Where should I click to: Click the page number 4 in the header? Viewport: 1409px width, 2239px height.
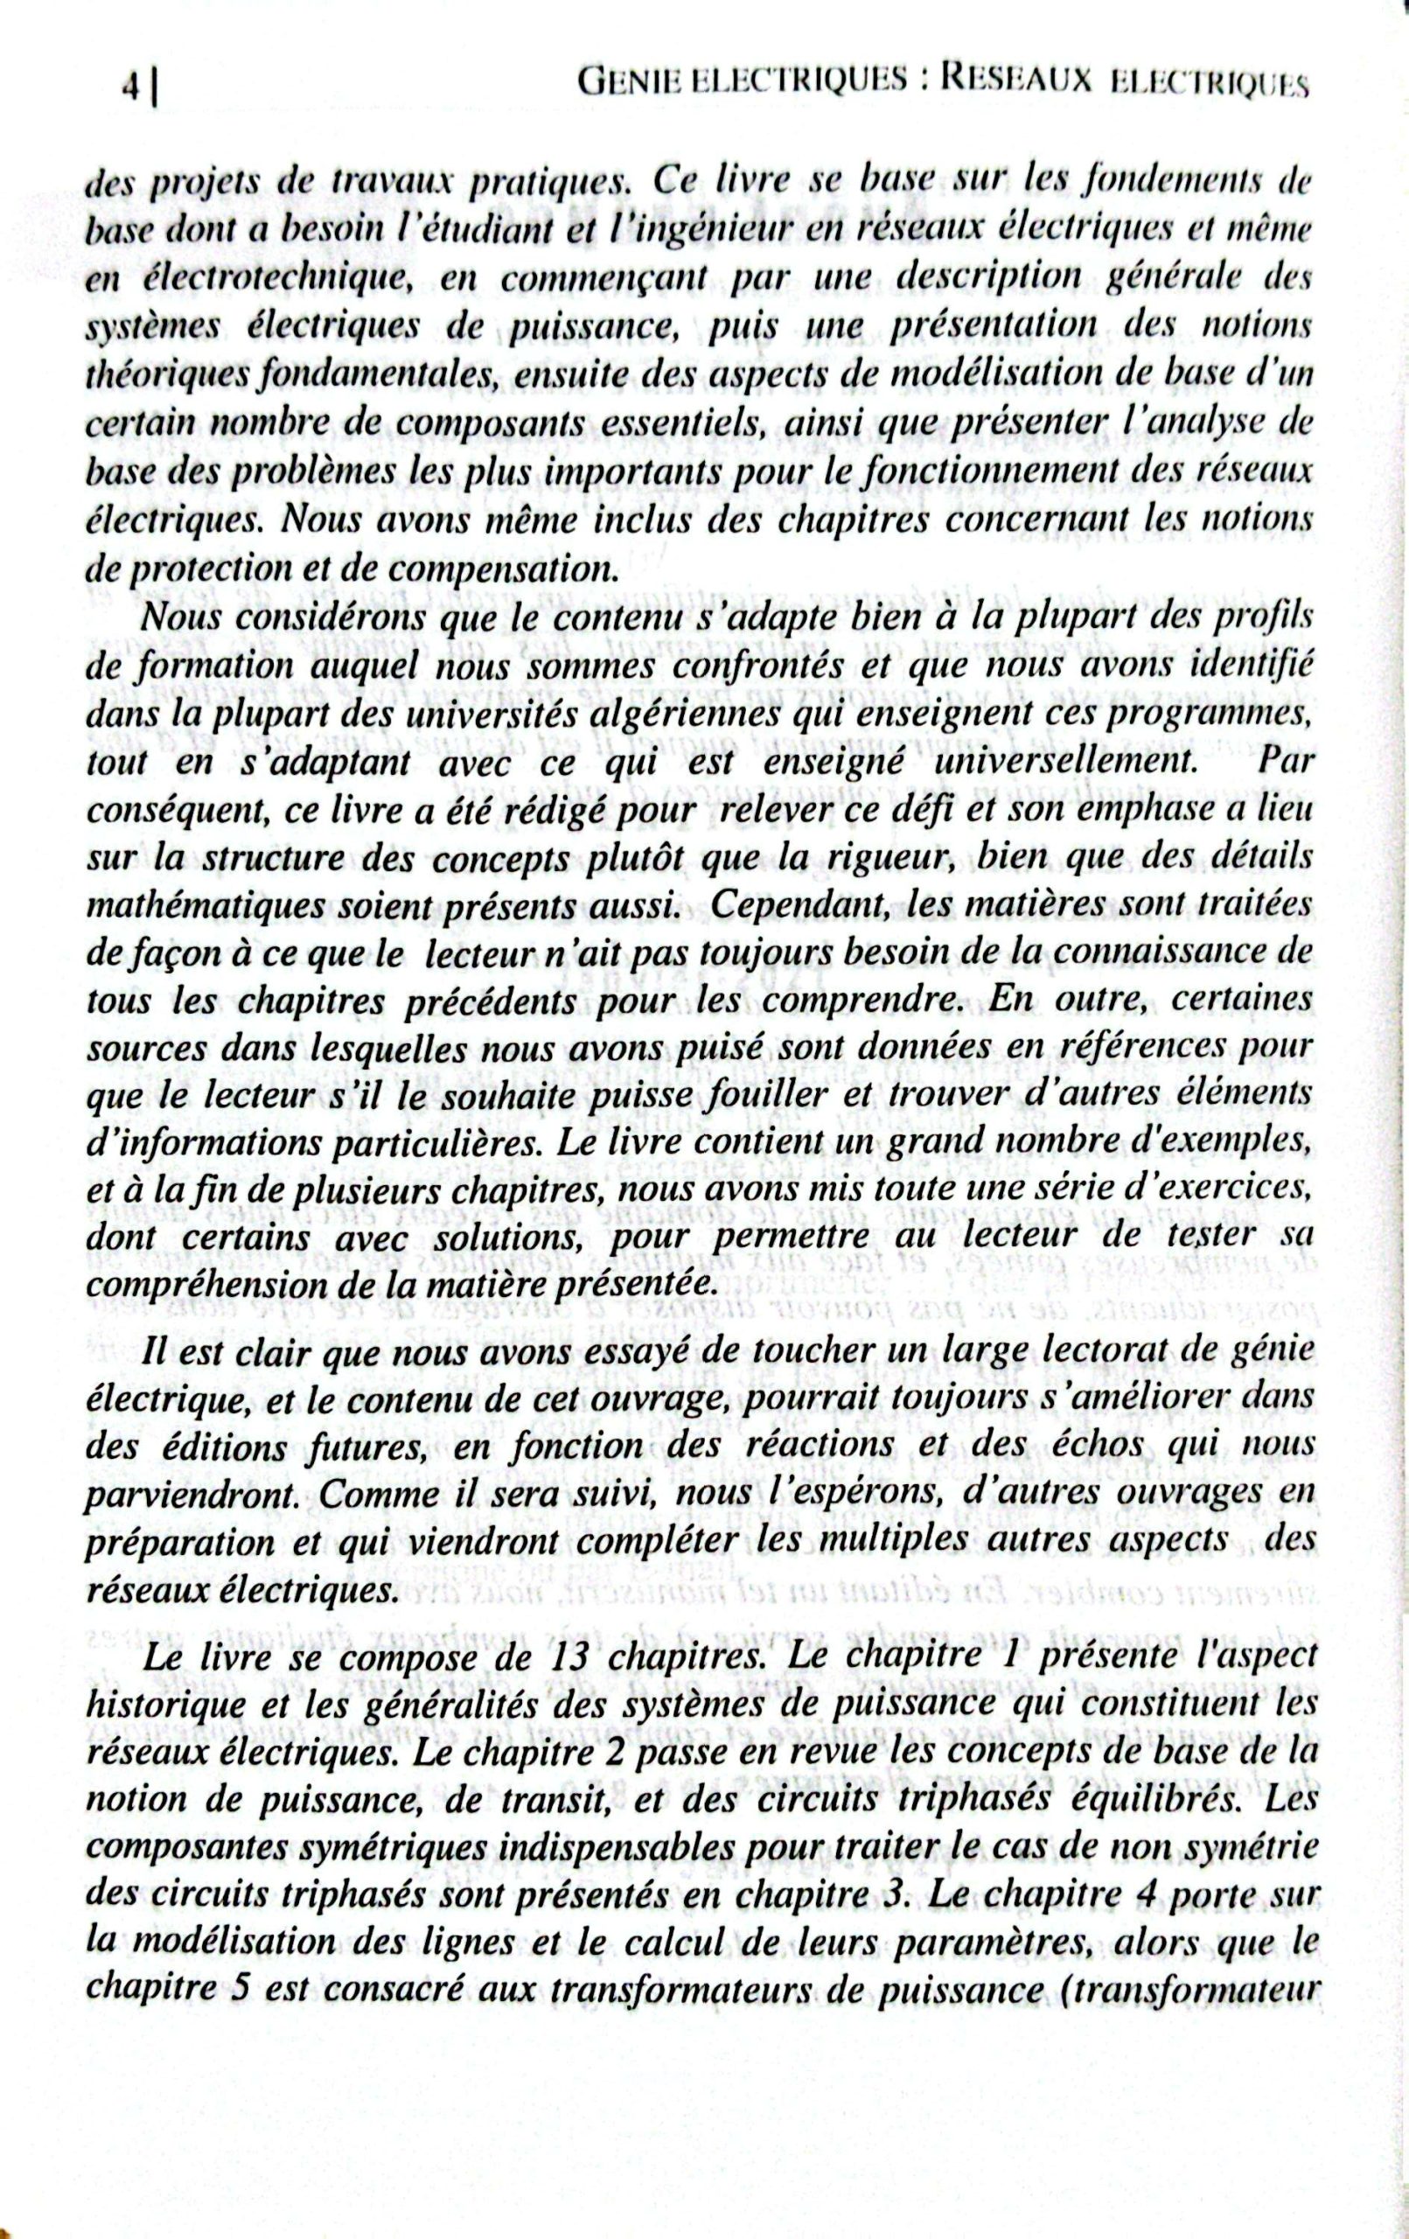[x=132, y=89]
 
